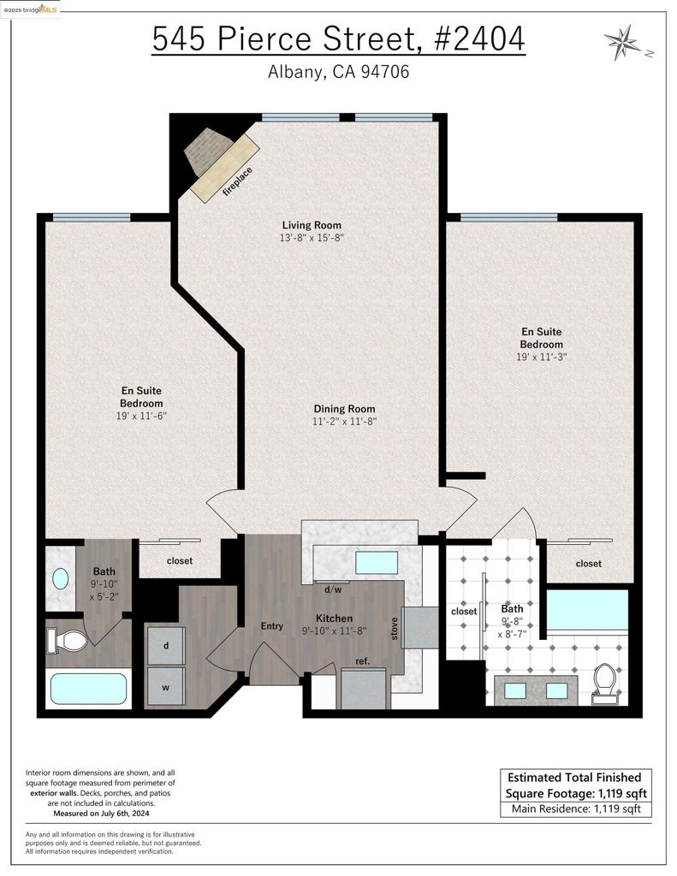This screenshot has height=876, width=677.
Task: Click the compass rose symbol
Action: pos(622,42)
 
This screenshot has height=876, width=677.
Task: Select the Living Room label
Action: pos(312,225)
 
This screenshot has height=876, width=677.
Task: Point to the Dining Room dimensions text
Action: pos(344,421)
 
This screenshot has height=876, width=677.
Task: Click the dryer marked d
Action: pos(165,645)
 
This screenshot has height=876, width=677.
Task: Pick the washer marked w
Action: pos(165,687)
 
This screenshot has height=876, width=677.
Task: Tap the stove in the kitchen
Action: pos(420,628)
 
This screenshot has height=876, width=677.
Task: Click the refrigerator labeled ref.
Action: pos(364,690)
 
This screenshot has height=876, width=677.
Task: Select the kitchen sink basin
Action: pos(377,563)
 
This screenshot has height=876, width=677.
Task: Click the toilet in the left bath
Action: pos(67,640)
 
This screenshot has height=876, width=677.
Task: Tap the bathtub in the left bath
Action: pos(88,689)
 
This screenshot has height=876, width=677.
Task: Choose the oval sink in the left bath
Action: pos(61,578)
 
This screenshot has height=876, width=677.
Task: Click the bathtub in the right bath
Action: pos(587,610)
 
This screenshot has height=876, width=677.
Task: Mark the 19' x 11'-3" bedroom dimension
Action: pos(541,357)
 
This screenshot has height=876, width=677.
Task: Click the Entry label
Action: pos(271,626)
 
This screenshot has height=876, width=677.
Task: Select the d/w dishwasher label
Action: pos(333,589)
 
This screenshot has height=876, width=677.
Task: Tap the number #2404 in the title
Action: pos(479,39)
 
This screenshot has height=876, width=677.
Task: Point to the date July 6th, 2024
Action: pos(117,814)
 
